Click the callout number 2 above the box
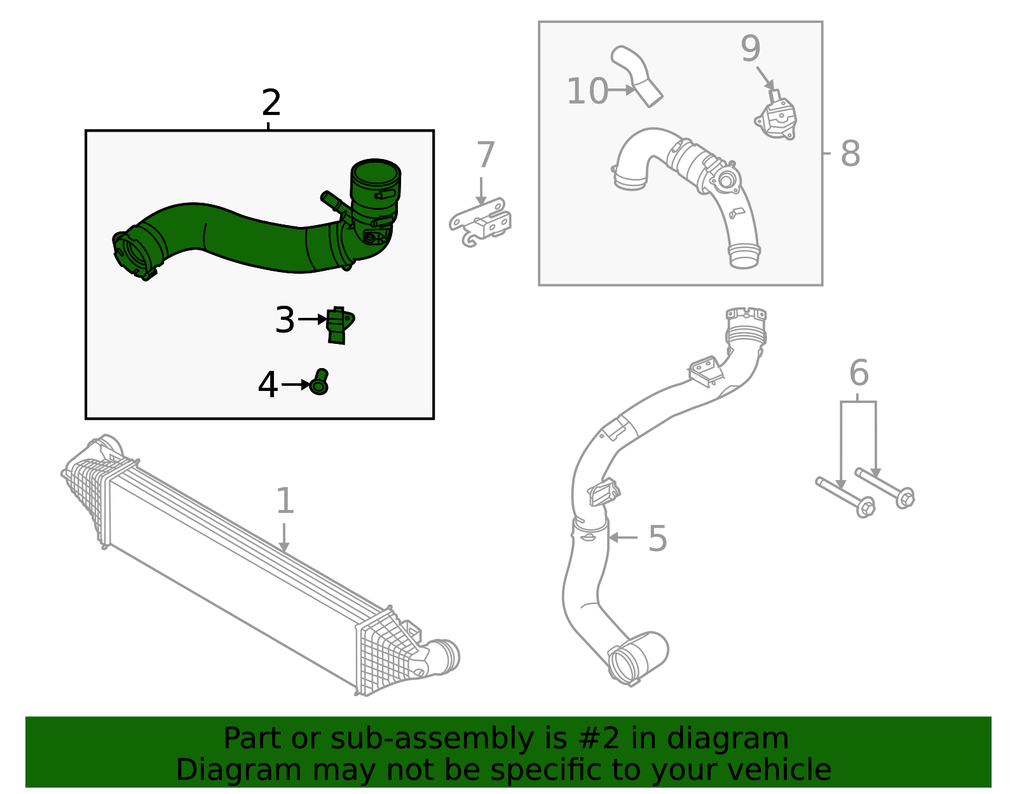point(271,103)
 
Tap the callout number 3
point(285,320)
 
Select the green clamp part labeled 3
point(339,325)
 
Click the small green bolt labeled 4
point(320,382)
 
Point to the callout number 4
point(268,385)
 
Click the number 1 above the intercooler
point(285,502)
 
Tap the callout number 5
point(657,539)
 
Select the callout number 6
point(858,373)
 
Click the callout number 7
point(485,156)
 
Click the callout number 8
point(850,154)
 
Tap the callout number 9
point(750,49)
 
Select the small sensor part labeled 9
point(777,119)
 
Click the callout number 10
point(587,92)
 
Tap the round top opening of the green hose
point(375,172)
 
